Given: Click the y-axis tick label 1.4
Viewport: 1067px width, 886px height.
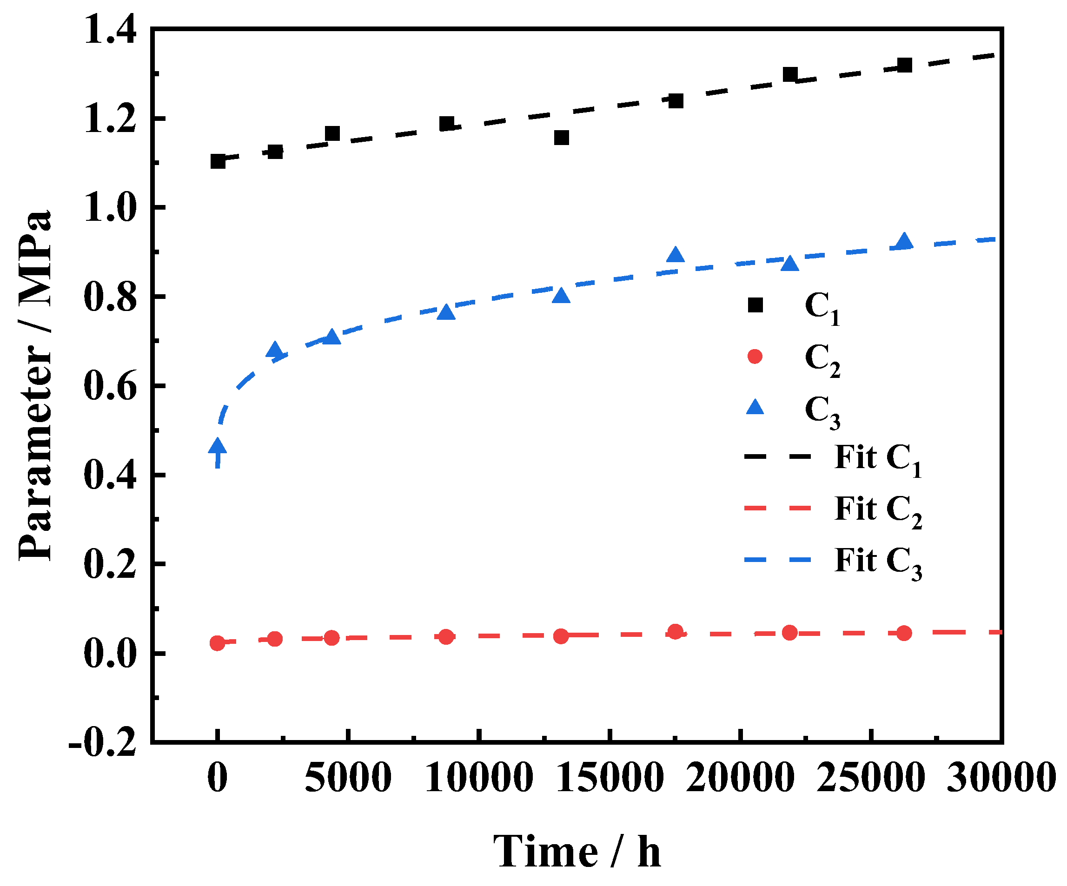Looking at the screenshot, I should click(x=110, y=29).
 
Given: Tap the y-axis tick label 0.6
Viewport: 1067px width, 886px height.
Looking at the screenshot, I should click(x=110, y=386).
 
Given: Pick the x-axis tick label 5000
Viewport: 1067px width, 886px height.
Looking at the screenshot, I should click(x=348, y=778).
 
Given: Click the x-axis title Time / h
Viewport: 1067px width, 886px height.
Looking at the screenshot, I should click(x=577, y=852).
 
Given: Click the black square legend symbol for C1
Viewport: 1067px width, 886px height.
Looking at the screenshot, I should click(x=756, y=305).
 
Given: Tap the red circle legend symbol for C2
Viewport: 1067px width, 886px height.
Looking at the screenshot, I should click(x=756, y=357).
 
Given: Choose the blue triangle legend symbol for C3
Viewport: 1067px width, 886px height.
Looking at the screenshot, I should click(x=756, y=407).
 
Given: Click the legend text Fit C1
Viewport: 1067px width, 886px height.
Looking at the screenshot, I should click(x=878, y=458).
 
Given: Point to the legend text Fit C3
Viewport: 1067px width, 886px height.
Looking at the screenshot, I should click(x=878, y=561).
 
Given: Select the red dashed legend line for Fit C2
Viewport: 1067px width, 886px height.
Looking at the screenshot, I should click(x=777, y=508).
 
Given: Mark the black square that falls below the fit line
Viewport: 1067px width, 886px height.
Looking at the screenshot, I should click(x=562, y=138).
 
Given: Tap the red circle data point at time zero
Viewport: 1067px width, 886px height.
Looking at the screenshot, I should click(x=218, y=643).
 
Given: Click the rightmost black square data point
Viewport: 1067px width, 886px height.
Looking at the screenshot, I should click(x=904, y=65).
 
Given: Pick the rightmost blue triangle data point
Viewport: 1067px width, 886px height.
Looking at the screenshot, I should click(x=904, y=242).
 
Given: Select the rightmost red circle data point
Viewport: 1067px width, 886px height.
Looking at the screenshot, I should click(x=904, y=633).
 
